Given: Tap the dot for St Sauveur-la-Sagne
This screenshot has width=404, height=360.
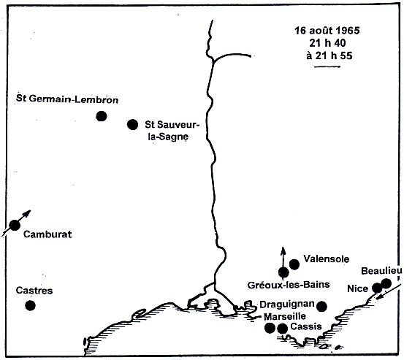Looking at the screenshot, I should point(132,124).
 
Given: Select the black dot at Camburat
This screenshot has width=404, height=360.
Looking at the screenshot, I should point(14,225).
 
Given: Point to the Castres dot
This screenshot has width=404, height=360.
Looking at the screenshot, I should point(30,305).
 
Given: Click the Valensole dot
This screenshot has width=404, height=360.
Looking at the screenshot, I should point(294,264).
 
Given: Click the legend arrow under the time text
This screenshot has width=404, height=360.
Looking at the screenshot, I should point(327,69).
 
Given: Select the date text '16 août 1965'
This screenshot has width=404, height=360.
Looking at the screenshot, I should point(327,34).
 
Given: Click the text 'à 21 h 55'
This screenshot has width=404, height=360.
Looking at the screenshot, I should point(327,58).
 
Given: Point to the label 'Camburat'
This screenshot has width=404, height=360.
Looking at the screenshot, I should point(49,234).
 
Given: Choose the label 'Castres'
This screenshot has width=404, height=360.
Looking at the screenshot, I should point(34,291).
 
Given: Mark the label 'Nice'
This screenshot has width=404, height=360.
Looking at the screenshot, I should point(357,288).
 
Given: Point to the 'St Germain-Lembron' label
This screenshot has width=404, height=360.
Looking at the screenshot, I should point(66,99).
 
